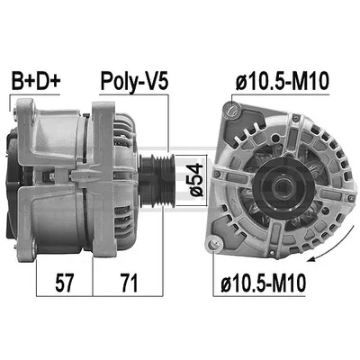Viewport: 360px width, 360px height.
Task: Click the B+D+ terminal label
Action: tap(36, 81)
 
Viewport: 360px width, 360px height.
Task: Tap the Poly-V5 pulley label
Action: tap(134, 81)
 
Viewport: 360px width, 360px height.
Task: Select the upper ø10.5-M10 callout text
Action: tap(282, 81)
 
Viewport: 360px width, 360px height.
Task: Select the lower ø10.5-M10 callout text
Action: tap(264, 283)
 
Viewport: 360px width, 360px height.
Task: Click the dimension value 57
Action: tap(64, 283)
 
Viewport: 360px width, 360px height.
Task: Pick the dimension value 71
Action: tap(129, 283)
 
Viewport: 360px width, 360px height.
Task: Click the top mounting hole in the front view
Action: tap(232, 110)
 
